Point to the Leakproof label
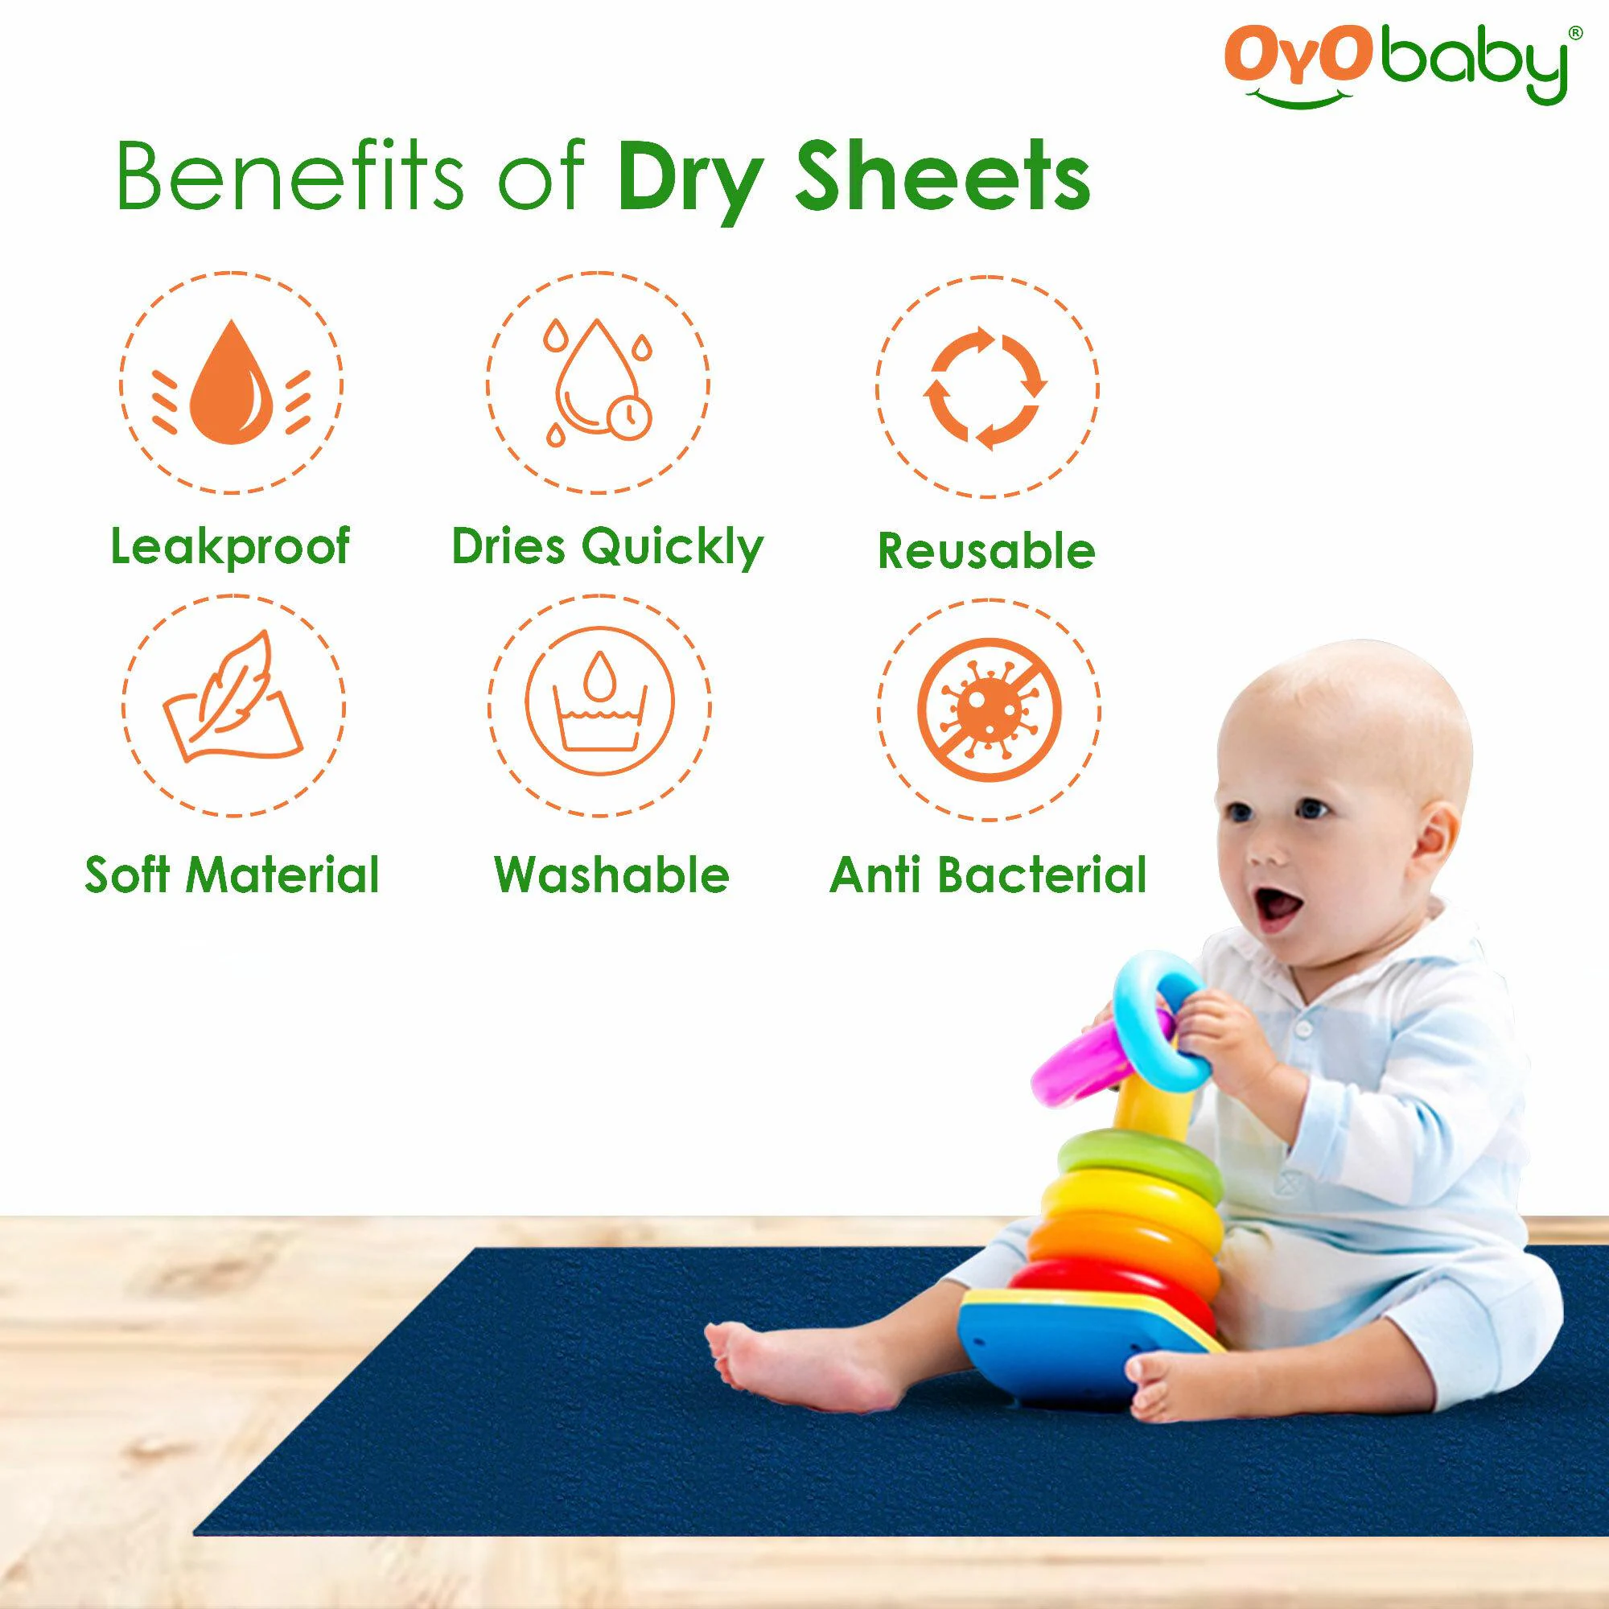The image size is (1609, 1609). click(x=231, y=546)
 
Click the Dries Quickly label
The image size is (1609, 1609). click(x=607, y=547)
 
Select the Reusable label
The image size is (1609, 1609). click(x=986, y=550)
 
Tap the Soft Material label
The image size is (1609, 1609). click(x=233, y=875)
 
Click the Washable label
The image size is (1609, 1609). click(x=611, y=875)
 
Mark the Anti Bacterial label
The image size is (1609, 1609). click(x=989, y=875)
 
